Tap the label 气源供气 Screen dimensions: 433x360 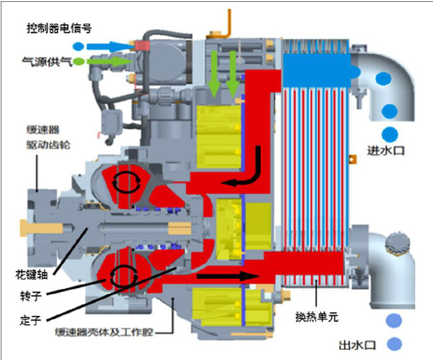pos(45,62)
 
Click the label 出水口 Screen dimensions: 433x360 pos(358,345)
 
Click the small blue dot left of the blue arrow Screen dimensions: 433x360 pos(78,46)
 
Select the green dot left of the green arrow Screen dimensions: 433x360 pos(78,62)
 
